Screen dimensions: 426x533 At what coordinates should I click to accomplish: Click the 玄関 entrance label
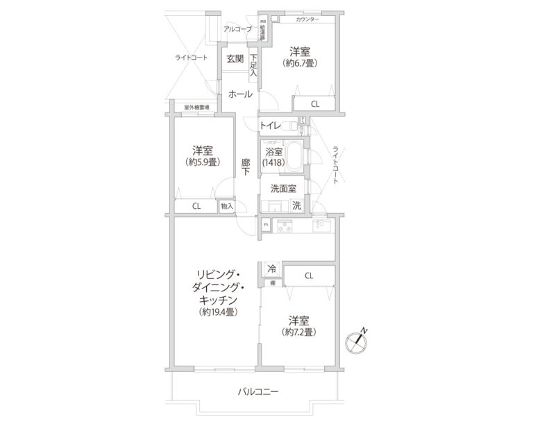point(235,59)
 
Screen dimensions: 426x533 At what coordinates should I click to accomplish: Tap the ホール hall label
point(240,94)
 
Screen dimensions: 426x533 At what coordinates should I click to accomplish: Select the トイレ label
point(269,126)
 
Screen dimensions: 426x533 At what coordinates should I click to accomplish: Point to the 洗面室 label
point(283,188)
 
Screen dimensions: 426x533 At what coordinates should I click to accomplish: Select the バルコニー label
point(257,392)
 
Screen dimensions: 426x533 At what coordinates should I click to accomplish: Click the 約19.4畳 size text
point(218,312)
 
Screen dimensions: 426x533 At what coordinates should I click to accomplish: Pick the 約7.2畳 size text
point(299,332)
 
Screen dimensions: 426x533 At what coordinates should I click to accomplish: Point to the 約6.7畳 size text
point(299,63)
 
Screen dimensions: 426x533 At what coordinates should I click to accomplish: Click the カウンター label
point(307,19)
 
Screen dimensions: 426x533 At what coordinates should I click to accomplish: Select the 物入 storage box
point(227,206)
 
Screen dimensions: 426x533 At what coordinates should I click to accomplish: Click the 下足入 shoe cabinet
point(253,65)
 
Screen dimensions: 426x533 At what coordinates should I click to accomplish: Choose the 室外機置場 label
point(196,108)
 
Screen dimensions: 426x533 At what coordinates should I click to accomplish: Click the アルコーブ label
point(237,28)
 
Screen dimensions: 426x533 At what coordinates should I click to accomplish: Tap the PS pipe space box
point(266,225)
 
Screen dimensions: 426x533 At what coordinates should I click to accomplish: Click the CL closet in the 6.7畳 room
point(314,104)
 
